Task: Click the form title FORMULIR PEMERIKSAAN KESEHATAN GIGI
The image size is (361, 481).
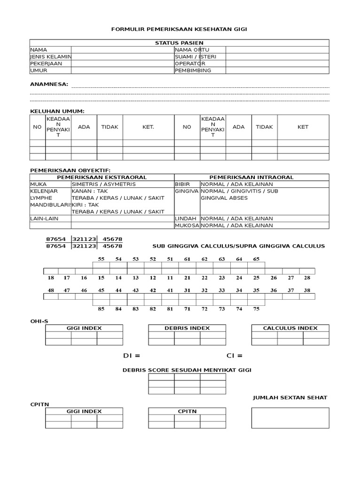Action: (x=179, y=30)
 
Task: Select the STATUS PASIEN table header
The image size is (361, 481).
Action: (x=179, y=43)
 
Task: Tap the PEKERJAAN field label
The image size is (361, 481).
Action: (x=46, y=63)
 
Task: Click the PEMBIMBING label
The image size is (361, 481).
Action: (x=193, y=70)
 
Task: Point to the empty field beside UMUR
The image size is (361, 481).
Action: (x=122, y=70)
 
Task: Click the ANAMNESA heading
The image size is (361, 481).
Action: (x=49, y=84)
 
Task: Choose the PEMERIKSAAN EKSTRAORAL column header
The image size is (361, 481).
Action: (x=102, y=177)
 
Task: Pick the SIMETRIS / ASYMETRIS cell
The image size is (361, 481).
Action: (x=103, y=184)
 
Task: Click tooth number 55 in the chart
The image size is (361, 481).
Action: (x=101, y=259)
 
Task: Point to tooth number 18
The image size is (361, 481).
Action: (x=51, y=278)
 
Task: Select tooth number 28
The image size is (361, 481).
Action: (x=307, y=278)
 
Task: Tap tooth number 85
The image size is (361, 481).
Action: (x=101, y=309)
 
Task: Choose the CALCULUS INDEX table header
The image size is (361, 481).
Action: (x=290, y=328)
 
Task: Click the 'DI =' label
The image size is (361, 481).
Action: (x=132, y=356)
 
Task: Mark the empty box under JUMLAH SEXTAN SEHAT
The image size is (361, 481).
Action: (x=290, y=418)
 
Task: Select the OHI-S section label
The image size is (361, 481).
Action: (x=39, y=321)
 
